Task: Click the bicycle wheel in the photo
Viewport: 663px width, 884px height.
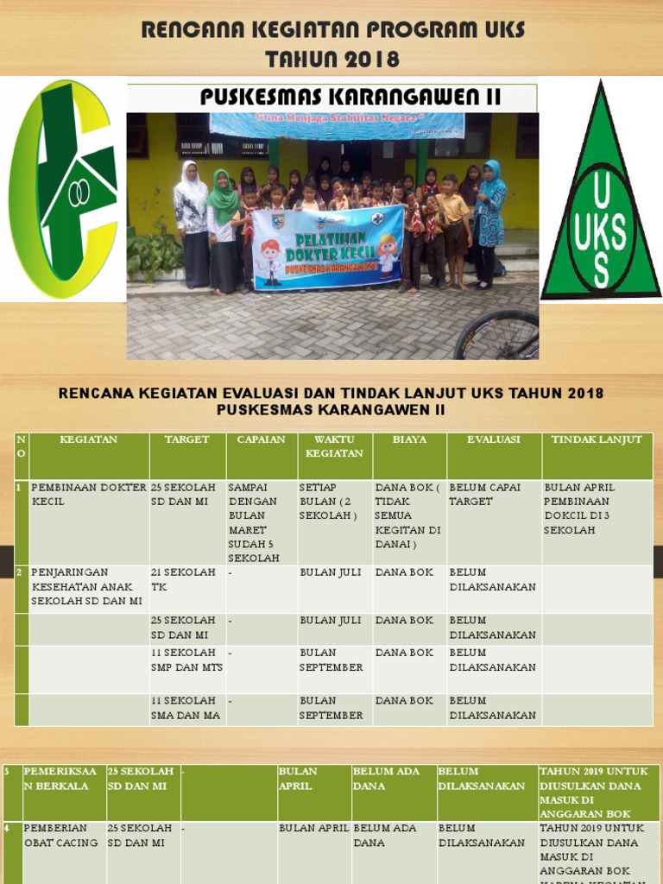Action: coord(498,336)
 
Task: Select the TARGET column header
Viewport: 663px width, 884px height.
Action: coord(187,439)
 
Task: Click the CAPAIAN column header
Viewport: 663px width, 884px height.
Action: coord(261,439)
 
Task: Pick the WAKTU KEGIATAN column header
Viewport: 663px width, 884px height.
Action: coord(334,446)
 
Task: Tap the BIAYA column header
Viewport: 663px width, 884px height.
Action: coord(409,439)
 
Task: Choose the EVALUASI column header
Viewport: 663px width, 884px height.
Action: coord(493,439)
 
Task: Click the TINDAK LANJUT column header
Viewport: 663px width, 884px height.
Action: coord(597,439)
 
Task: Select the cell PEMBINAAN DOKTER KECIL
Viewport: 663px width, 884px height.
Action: coord(89,494)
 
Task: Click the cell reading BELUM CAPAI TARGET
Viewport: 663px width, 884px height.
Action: coord(485,494)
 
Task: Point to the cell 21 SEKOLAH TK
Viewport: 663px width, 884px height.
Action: coord(183,579)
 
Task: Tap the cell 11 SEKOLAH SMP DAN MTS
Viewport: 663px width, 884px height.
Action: coord(186,660)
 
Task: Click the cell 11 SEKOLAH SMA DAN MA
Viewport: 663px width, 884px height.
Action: coord(186,708)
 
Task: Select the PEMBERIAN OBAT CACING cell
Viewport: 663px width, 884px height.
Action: coord(60,835)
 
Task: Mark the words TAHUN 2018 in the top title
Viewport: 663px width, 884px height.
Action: coord(332,59)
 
